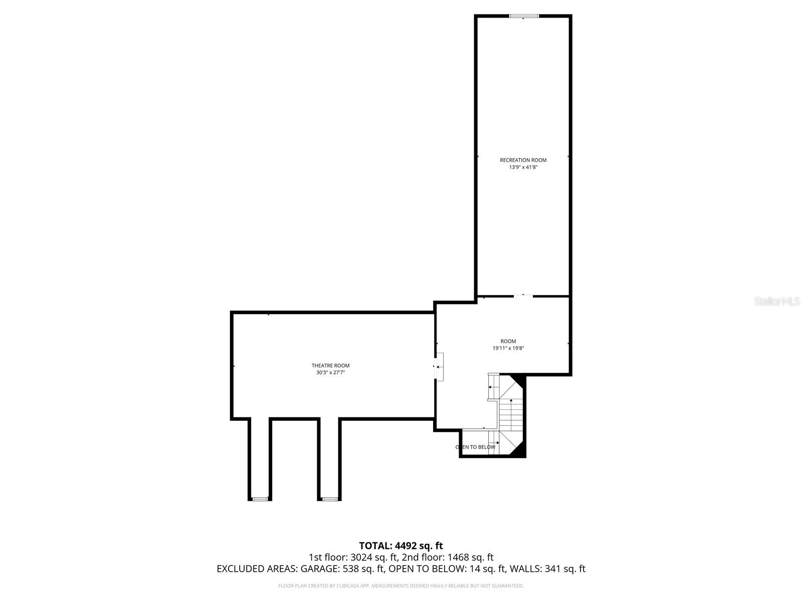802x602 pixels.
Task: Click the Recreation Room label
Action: point(523,160)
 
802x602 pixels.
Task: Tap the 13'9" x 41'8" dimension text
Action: point(523,168)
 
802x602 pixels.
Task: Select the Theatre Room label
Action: point(330,366)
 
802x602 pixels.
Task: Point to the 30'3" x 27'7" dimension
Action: point(330,373)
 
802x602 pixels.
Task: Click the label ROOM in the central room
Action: point(508,341)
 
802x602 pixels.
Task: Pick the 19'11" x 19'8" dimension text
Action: point(508,348)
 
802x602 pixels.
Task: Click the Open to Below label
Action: point(475,447)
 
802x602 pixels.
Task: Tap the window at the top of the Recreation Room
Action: point(524,16)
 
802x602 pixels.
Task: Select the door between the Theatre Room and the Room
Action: point(439,367)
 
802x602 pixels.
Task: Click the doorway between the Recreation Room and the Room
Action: point(523,296)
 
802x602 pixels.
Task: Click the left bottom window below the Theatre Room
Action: point(260,499)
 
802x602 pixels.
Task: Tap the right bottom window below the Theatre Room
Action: point(329,499)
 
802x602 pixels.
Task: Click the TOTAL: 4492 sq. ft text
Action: point(401,546)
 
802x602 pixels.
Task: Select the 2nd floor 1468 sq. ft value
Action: point(448,557)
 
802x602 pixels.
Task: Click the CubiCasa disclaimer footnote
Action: point(401,585)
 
